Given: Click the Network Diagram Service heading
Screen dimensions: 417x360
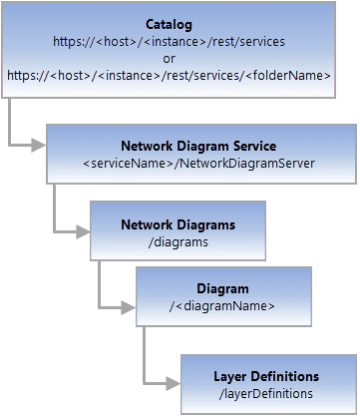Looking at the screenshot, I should coord(198,146).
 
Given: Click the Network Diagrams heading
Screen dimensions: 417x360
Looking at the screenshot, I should coord(178,223).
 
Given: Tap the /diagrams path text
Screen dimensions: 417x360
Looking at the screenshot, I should coord(178,240).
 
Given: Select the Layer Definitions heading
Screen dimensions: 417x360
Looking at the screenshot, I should coord(266,376).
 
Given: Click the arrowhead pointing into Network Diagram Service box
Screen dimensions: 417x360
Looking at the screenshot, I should coord(40,146).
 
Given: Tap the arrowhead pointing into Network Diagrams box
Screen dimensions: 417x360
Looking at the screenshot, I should coord(84,231).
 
